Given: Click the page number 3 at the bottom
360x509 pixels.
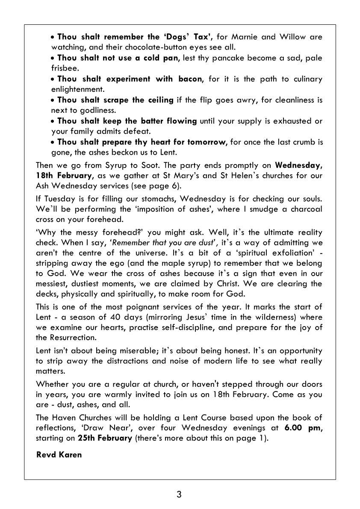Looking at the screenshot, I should pyautogui.click(x=179, y=495).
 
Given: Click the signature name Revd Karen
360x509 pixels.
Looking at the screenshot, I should pyautogui.click(x=59, y=454).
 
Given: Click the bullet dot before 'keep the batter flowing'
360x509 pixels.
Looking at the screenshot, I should pyautogui.click(x=53, y=121).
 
